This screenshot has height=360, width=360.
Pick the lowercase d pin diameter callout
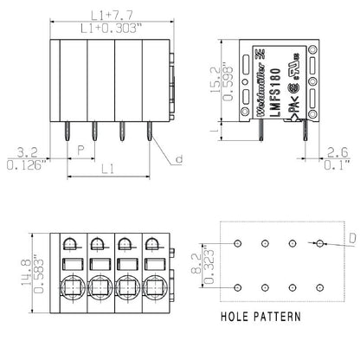click(179, 159)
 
